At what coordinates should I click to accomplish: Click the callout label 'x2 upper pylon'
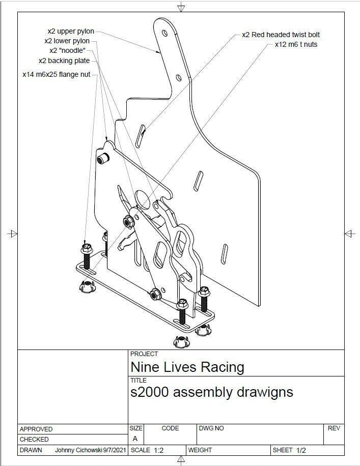(71, 32)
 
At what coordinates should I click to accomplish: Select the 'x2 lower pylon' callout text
(67, 41)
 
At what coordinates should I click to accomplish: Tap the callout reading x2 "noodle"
(67, 50)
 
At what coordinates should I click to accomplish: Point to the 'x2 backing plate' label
(64, 61)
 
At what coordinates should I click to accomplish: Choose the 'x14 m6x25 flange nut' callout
(56, 74)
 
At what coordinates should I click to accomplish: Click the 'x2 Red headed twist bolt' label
(281, 35)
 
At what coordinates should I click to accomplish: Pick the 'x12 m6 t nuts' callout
(296, 44)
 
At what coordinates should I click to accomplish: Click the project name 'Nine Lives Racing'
(187, 367)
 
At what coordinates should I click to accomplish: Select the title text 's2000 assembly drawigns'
(211, 392)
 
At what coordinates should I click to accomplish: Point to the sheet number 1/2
(301, 450)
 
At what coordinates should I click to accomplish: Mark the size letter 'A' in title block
(135, 439)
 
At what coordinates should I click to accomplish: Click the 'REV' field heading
(334, 428)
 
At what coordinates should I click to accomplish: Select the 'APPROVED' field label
(36, 429)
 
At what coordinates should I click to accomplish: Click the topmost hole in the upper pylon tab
(164, 32)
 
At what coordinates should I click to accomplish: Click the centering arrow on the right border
(349, 234)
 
